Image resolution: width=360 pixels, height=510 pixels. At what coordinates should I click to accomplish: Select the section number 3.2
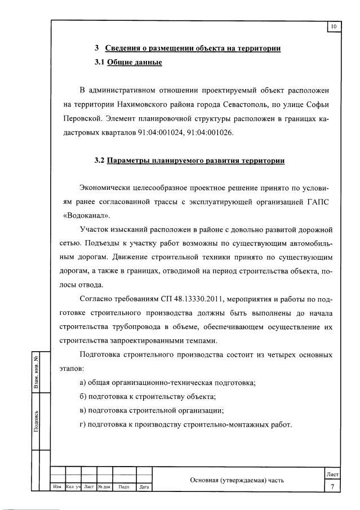100,161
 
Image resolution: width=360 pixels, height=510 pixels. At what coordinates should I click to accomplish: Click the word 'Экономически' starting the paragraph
109,188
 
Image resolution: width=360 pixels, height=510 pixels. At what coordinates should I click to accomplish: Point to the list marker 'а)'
84,383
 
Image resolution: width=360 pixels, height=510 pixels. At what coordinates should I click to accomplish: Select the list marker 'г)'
84,424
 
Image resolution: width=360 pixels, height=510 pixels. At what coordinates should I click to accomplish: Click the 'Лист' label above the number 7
332,476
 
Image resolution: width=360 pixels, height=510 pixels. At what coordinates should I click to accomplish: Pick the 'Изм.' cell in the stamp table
57,487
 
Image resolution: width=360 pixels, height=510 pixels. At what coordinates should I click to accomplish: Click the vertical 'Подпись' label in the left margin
36,422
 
